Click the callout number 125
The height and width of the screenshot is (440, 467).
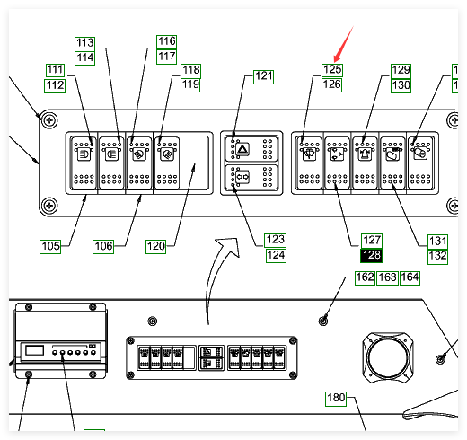pyautogui.click(x=332, y=70)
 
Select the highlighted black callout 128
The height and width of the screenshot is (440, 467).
pyautogui.click(x=372, y=255)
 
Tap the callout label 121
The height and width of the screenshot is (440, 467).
pyautogui.click(x=263, y=76)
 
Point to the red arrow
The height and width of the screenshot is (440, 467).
pyautogui.click(x=343, y=44)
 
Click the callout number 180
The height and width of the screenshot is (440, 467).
pyautogui.click(x=336, y=399)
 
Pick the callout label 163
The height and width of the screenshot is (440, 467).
pyautogui.click(x=387, y=277)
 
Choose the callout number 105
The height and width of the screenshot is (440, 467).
pyautogui.click(x=50, y=246)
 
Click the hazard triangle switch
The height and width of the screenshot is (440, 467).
pyautogui.click(x=251, y=149)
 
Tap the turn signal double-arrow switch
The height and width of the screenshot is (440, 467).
pyautogui.click(x=251, y=177)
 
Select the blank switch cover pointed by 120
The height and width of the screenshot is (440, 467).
pyautogui.click(x=195, y=163)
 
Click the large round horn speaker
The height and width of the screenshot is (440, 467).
pyautogui.click(x=388, y=357)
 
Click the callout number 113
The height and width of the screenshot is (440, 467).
pyautogui.click(x=85, y=43)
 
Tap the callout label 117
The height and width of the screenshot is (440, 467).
pyautogui.click(x=167, y=57)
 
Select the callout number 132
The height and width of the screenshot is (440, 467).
pyautogui.click(x=437, y=257)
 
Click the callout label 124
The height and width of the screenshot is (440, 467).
pyautogui.click(x=276, y=256)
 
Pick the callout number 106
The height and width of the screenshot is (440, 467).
pyautogui.click(x=103, y=246)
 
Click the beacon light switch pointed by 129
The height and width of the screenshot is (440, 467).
pyautogui.click(x=365, y=163)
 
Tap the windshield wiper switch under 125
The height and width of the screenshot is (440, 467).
pyautogui.click(x=309, y=163)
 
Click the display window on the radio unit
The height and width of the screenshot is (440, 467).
pyautogui.click(x=35, y=350)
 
